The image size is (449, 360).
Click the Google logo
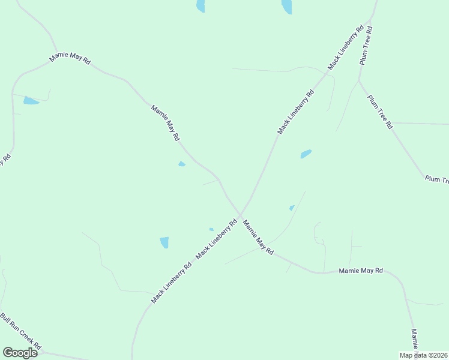tap(20, 352)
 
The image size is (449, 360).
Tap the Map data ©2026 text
tap(424, 355)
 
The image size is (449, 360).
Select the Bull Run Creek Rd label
tap(20, 331)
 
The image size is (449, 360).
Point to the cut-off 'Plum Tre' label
tap(436, 179)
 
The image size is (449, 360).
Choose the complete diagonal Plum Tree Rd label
tap(380, 112)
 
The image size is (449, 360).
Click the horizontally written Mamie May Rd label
tap(361, 271)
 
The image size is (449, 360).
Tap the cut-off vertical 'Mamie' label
tap(414, 340)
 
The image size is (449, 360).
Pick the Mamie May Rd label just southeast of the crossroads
tap(258, 238)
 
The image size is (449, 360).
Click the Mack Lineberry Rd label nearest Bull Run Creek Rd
tap(171, 282)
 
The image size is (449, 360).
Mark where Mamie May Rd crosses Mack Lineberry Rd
tap(240, 214)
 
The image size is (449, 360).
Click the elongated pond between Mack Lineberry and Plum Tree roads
tap(306, 154)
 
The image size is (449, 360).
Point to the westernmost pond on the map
tap(31, 101)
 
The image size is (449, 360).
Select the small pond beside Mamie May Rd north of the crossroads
tap(181, 164)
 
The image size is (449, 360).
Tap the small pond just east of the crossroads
tap(292, 208)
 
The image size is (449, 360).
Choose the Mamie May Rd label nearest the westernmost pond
tap(70, 61)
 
